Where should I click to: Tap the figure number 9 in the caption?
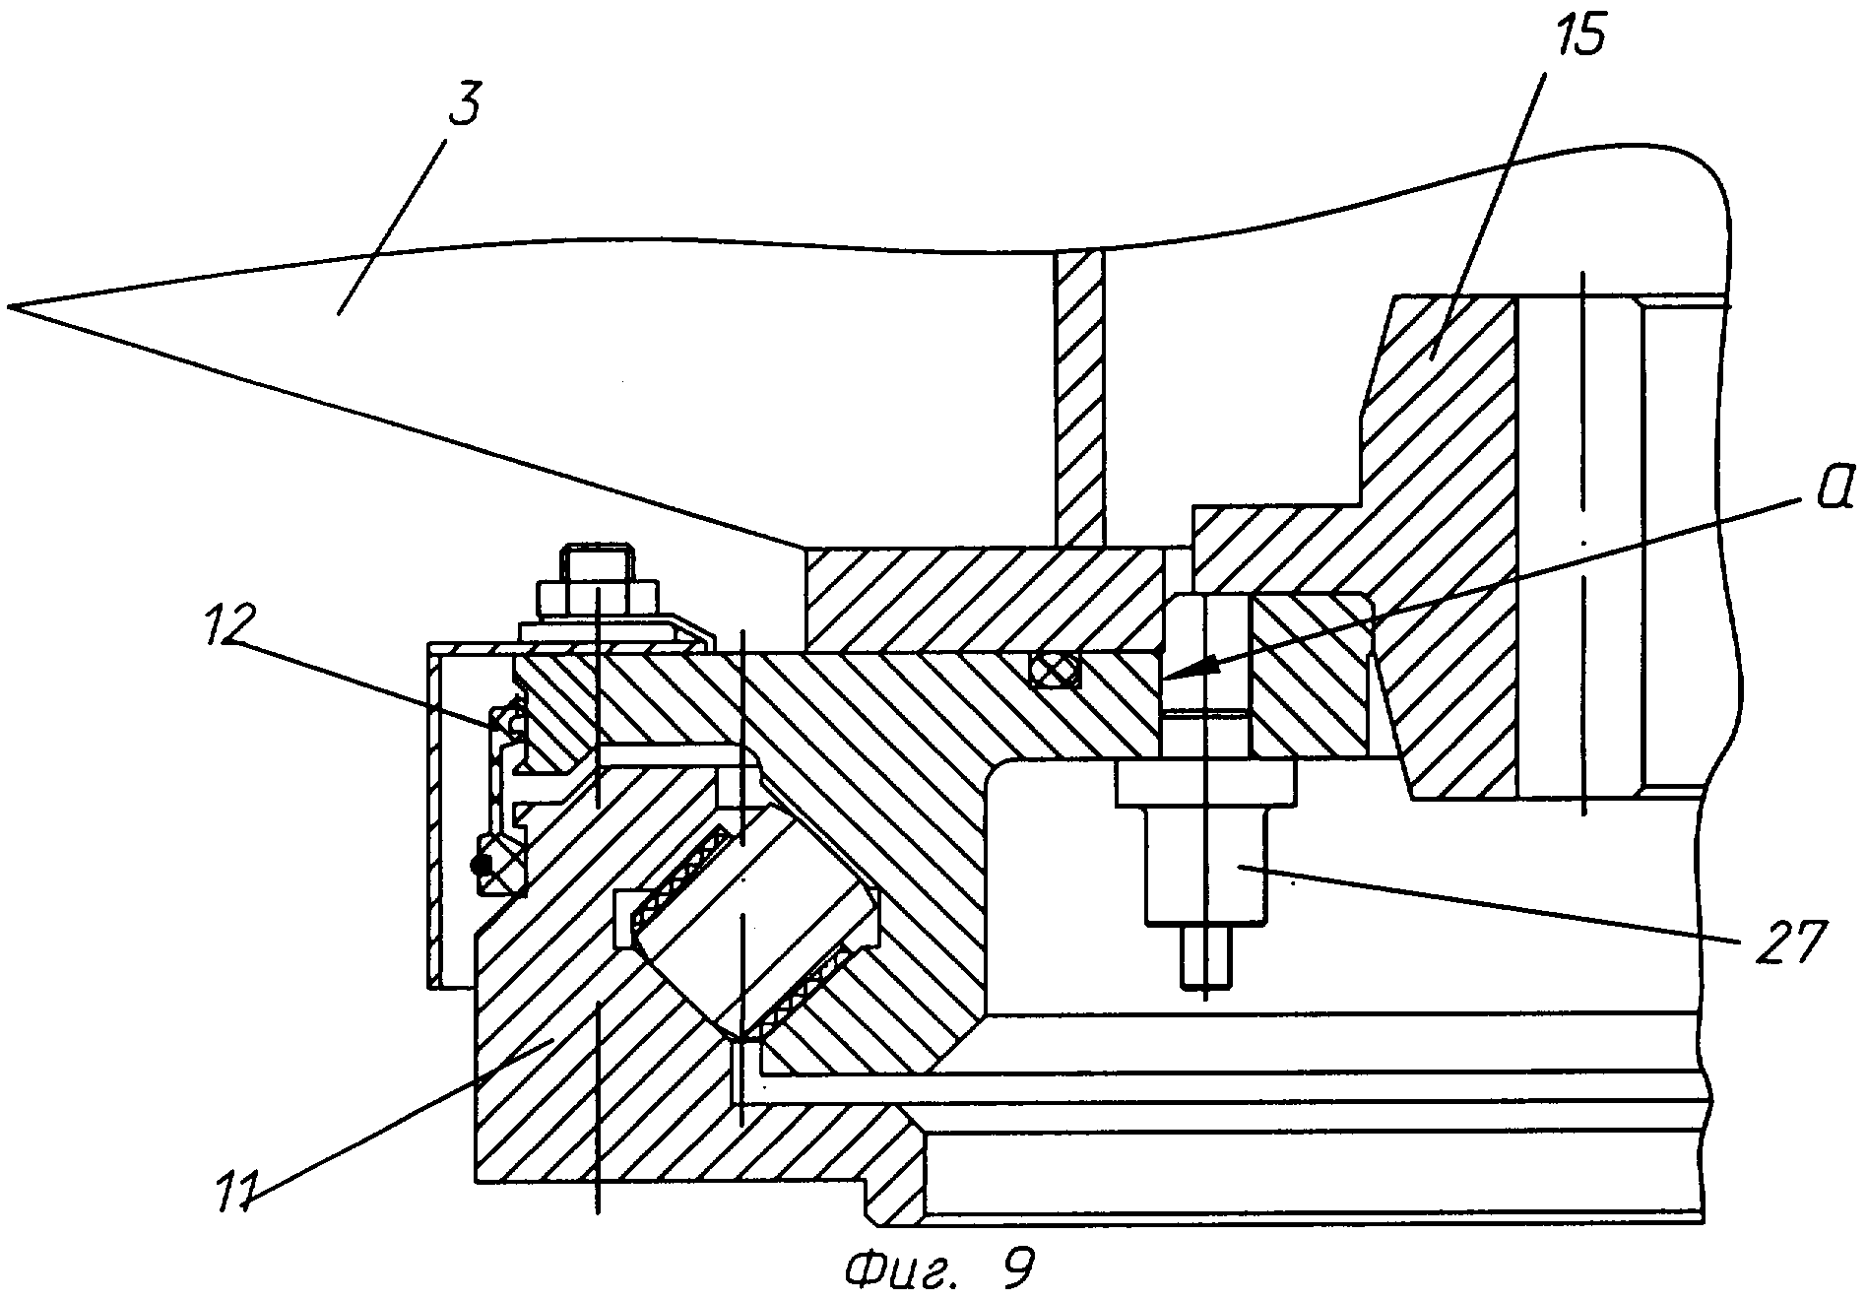click(x=1017, y=1267)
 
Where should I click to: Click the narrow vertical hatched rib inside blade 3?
click(x=1080, y=399)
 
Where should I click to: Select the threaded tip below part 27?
click(x=1204, y=954)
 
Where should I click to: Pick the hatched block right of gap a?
click(x=1309, y=675)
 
